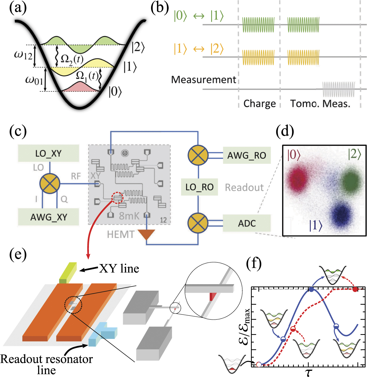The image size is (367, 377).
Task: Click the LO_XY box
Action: click(48, 153)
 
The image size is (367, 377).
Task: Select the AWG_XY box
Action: click(48, 217)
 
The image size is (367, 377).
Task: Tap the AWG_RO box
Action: click(247, 155)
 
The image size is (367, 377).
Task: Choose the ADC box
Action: click(247, 223)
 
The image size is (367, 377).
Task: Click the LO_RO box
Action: click(199, 187)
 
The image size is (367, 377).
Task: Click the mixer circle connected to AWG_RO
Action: click(198, 155)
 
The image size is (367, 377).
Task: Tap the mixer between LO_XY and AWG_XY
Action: click(50, 184)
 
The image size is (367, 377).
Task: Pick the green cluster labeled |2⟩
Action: click(351, 181)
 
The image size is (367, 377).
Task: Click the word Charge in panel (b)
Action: click(259, 104)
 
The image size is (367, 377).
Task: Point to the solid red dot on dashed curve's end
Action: click(355, 289)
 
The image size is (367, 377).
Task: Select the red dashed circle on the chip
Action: click(117, 198)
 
